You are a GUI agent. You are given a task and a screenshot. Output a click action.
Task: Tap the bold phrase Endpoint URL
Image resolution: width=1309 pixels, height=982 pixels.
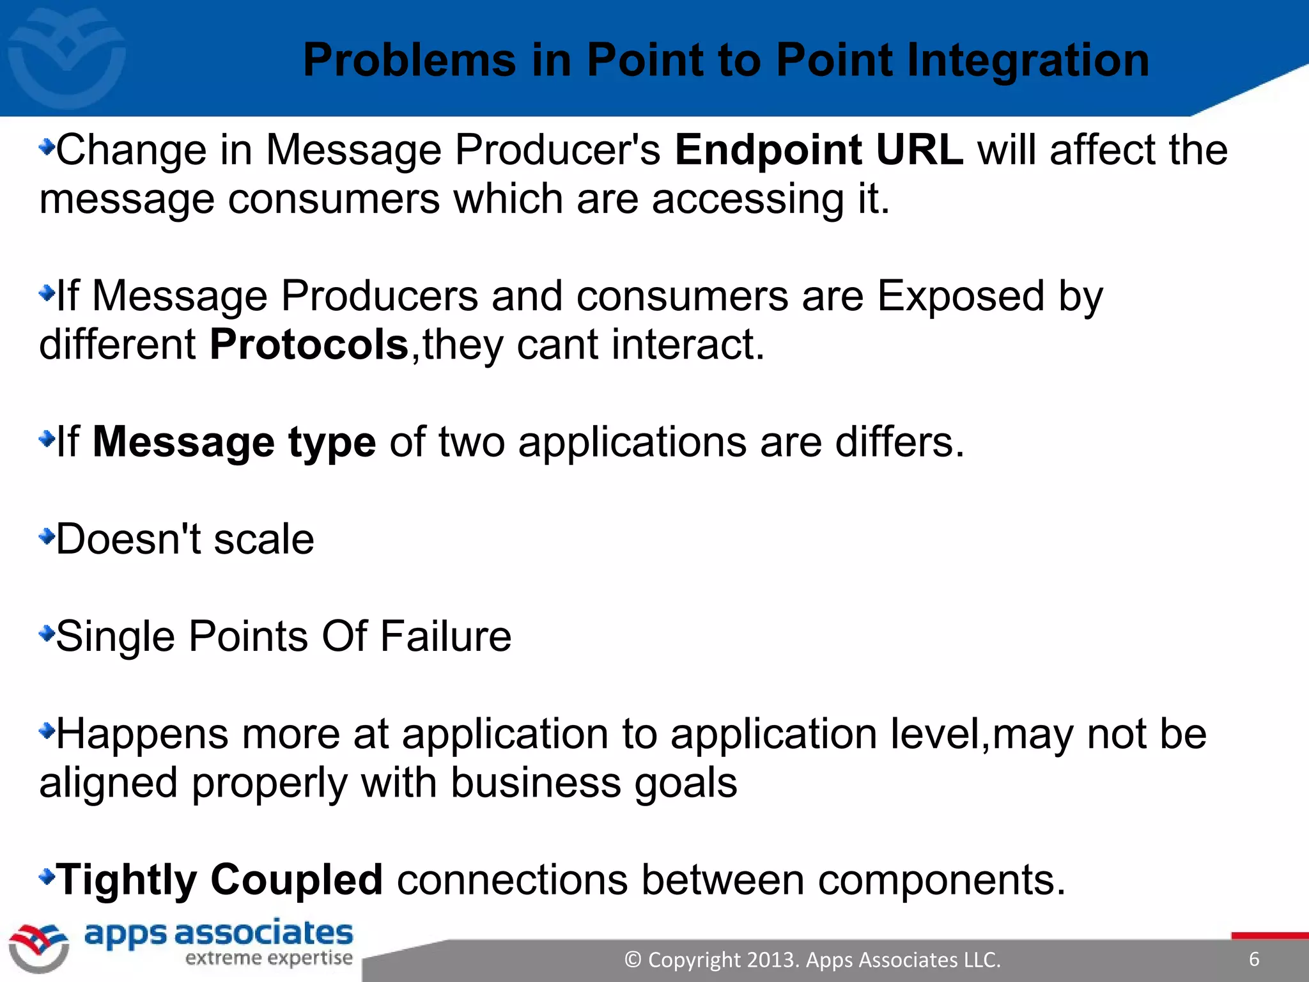click(x=819, y=150)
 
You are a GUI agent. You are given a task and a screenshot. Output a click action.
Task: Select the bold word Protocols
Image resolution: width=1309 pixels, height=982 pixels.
click(x=309, y=345)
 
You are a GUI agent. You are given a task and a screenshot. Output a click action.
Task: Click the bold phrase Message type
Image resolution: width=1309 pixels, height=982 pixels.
click(x=235, y=442)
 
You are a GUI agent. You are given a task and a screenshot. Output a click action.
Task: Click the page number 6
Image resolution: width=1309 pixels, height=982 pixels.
click(x=1254, y=959)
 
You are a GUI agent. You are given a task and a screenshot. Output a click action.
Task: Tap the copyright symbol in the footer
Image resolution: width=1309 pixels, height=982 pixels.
click(x=632, y=960)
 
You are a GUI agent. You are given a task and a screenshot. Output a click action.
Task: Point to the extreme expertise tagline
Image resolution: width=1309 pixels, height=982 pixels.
click(x=268, y=958)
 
